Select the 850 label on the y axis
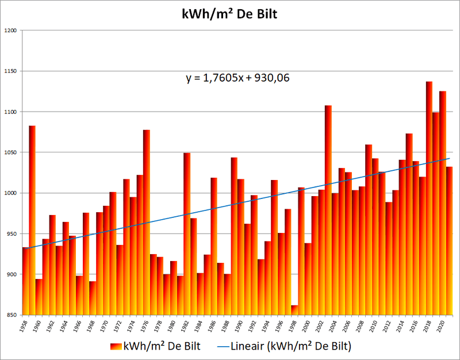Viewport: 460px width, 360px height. click(x=11, y=316)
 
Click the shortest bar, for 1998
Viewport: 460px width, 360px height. click(x=294, y=311)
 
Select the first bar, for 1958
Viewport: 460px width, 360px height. click(x=25, y=282)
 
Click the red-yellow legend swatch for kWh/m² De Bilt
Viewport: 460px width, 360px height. click(x=118, y=347)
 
